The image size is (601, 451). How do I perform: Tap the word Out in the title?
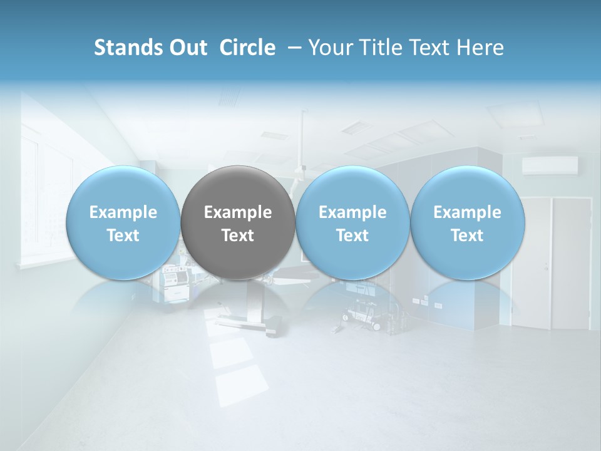(x=186, y=48)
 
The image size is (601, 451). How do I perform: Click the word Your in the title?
(x=329, y=48)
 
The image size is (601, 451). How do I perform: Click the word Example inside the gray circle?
(x=238, y=212)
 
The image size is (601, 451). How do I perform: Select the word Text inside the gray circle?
(x=238, y=236)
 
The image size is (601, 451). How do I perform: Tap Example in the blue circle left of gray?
(x=123, y=212)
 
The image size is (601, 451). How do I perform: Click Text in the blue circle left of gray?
(x=123, y=236)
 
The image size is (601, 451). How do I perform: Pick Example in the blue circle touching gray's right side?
(x=352, y=212)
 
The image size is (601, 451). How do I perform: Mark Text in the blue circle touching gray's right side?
(x=352, y=236)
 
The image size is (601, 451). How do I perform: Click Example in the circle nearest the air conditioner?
(x=467, y=212)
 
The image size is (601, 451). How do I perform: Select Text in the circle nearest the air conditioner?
(x=467, y=236)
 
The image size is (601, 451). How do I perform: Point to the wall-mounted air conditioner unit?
(x=550, y=165)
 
